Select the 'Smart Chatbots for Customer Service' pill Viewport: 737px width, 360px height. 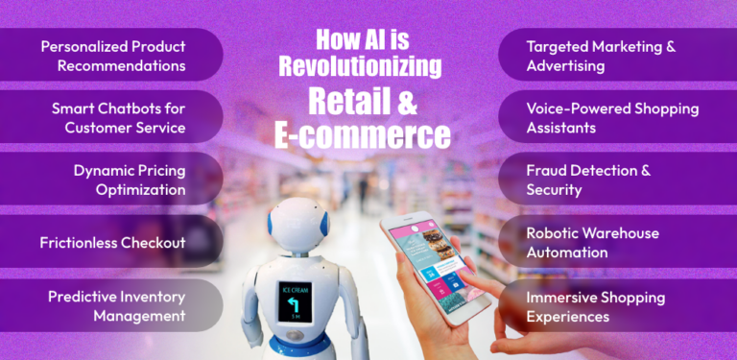[119, 117]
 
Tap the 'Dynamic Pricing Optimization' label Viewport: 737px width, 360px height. [129, 180]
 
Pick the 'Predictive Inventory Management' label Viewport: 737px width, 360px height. [116, 305]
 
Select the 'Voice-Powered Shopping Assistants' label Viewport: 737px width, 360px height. [612, 117]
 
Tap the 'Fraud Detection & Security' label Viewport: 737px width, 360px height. [588, 180]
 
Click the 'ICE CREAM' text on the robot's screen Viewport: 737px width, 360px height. [294, 289]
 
